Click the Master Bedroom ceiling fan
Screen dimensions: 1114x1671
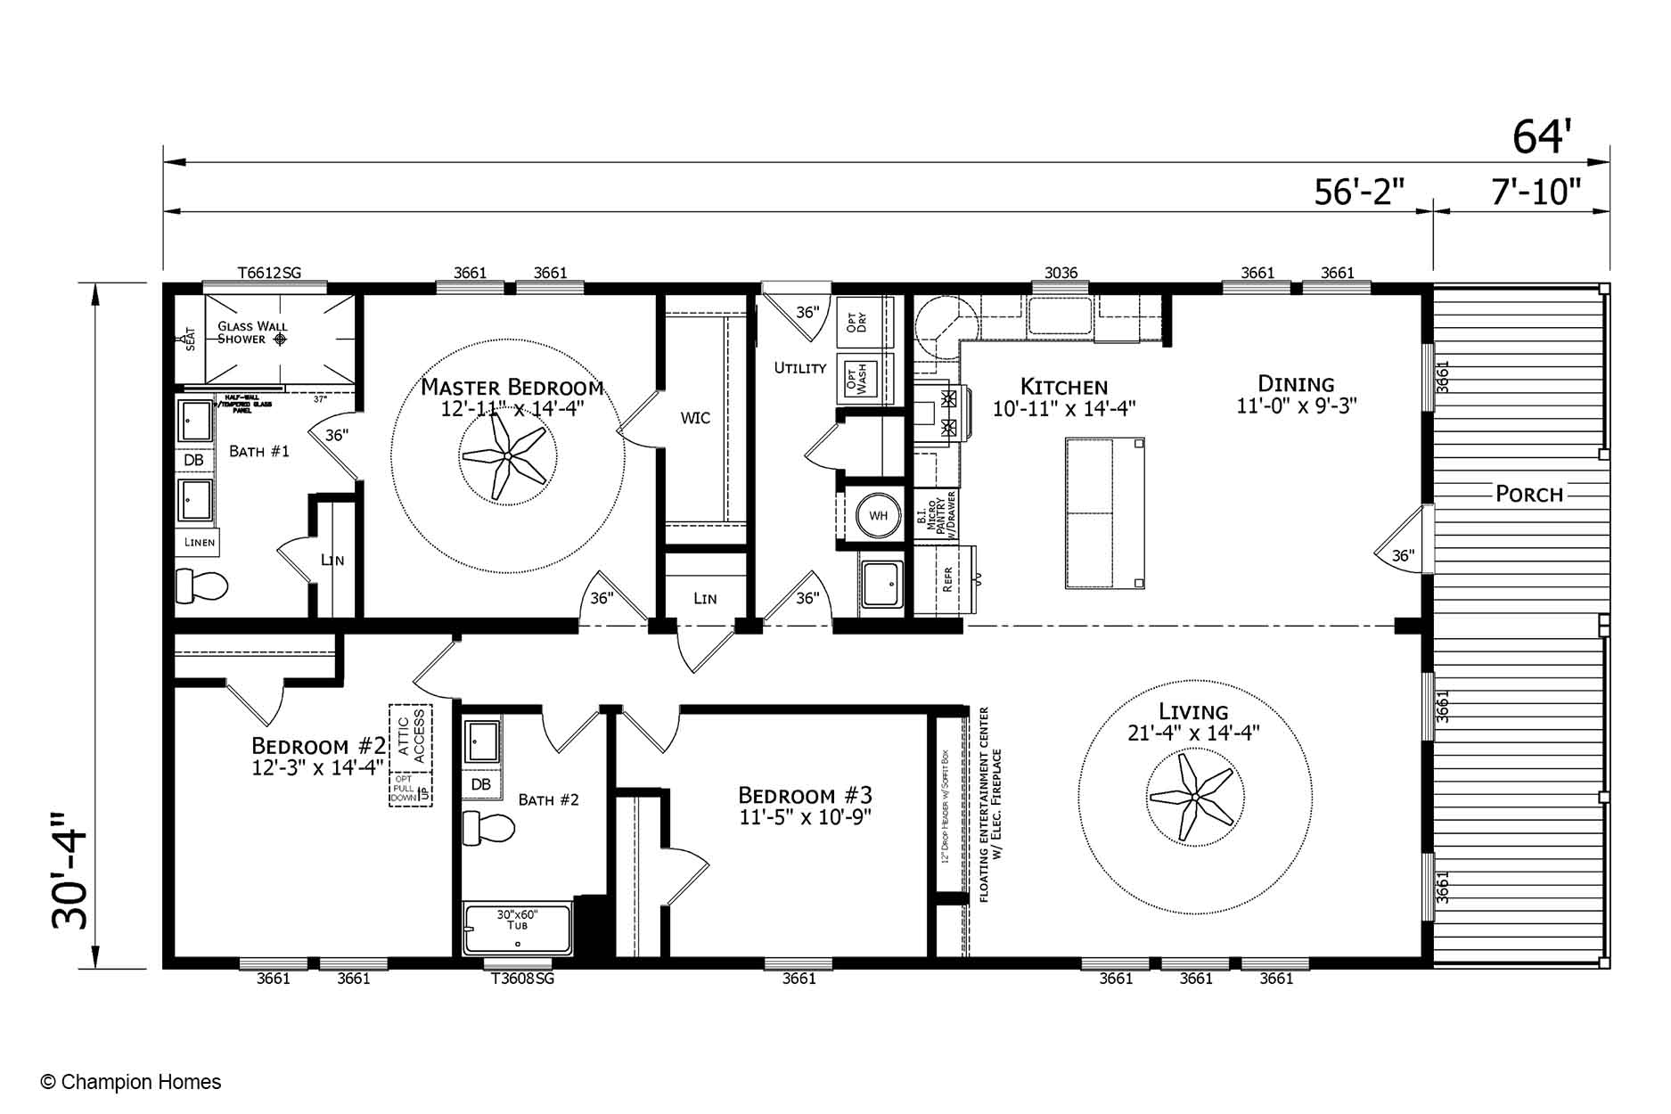pos(506,456)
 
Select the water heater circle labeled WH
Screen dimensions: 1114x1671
pos(878,515)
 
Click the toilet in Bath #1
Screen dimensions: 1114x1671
pos(201,586)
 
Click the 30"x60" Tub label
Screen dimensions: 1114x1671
pos(517,920)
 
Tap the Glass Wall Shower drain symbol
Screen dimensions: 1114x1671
pos(280,339)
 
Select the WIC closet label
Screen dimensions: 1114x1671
pos(695,418)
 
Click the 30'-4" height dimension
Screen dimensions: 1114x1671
pos(71,870)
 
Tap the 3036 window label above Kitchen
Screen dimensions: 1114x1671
pos(1061,273)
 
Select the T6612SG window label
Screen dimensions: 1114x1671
pos(269,273)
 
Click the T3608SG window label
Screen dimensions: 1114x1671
pos(522,979)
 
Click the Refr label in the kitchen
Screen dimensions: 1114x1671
pos(946,579)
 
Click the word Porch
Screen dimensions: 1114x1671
pos(1529,494)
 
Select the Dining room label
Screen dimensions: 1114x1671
pos(1296,384)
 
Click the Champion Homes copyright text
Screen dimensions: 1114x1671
pos(131,1082)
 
